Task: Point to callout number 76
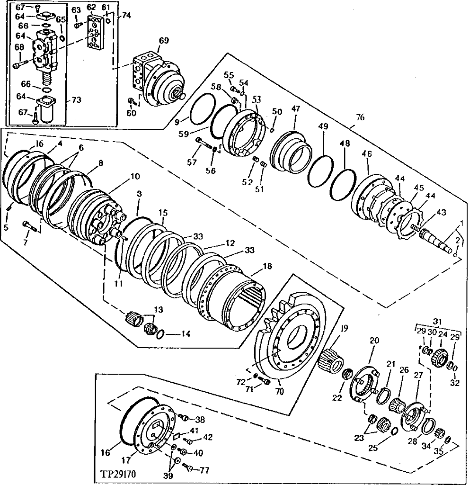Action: pos(360,117)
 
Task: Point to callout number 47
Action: pos(296,109)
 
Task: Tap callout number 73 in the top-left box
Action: pos(77,100)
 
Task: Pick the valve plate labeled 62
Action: pos(96,34)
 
